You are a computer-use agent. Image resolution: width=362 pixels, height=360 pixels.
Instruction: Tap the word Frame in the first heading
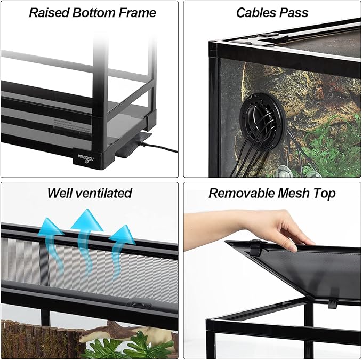(136, 13)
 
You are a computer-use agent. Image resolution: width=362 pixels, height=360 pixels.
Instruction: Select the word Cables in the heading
(254, 13)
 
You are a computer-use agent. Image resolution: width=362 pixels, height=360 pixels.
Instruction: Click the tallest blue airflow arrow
(87, 229)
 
